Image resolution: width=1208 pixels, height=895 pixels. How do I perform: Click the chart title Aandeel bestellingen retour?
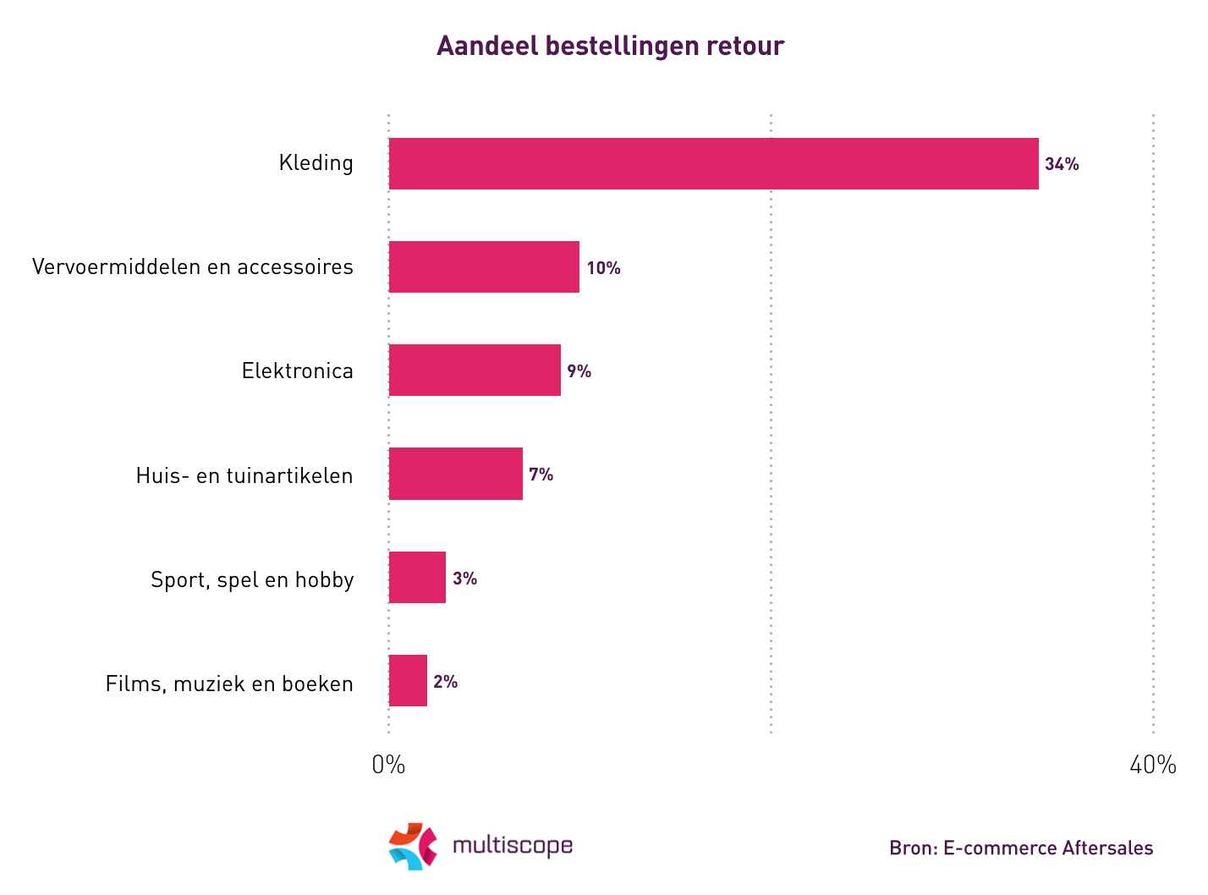click(x=610, y=46)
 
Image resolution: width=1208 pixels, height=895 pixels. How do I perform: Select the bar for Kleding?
click(x=713, y=163)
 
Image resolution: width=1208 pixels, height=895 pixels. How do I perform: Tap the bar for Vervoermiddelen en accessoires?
click(x=484, y=267)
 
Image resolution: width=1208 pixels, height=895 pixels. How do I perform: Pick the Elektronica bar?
click(x=475, y=371)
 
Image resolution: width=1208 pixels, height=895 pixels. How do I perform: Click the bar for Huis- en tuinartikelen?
click(x=455, y=474)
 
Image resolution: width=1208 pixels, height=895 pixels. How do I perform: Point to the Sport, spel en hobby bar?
click(x=417, y=578)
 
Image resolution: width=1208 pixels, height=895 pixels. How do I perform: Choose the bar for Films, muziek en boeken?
click(x=408, y=681)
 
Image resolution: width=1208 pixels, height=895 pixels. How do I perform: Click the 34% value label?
click(x=1062, y=164)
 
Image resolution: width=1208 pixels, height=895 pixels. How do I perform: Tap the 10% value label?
click(x=603, y=268)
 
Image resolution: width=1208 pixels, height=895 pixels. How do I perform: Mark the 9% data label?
click(x=579, y=371)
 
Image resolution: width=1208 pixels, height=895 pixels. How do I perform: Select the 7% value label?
click(x=541, y=475)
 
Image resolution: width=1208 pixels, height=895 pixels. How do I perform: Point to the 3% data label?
click(x=464, y=579)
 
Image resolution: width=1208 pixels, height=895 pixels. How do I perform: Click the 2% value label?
click(x=445, y=682)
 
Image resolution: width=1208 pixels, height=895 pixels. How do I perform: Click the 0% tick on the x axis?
click(x=388, y=765)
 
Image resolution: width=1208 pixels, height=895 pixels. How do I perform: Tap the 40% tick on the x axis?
click(x=1152, y=765)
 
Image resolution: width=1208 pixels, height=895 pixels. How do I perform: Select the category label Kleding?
click(x=316, y=163)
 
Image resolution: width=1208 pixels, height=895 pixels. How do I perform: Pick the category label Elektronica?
click(x=297, y=371)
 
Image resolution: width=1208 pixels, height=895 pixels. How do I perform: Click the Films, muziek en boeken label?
click(x=229, y=684)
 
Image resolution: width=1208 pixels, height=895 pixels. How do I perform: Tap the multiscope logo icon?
click(x=413, y=846)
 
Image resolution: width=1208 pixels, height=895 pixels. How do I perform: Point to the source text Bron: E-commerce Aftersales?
click(x=1020, y=848)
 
